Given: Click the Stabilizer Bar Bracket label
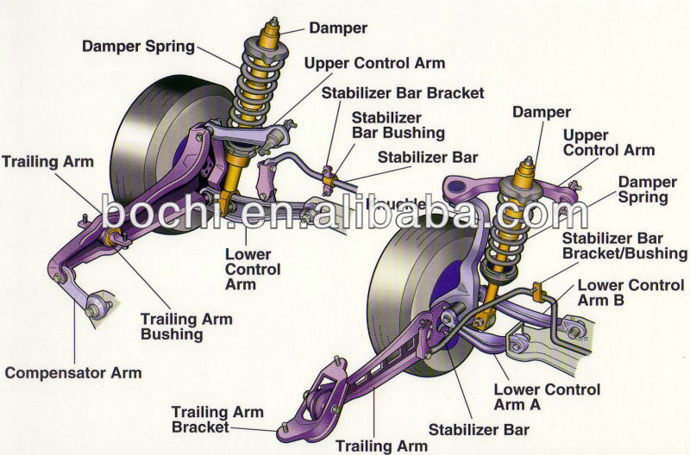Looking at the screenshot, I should tap(403, 92).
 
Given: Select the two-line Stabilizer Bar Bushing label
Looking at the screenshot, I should tap(398, 125).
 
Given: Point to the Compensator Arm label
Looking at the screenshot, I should tap(73, 373).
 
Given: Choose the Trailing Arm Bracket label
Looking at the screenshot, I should tap(200, 419).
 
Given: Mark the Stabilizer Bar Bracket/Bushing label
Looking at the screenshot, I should tap(624, 246).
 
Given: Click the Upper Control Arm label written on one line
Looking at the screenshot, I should tap(374, 63).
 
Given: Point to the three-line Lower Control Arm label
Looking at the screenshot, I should tap(253, 269).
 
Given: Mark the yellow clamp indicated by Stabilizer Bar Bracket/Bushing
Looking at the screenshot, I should tap(540, 291).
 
